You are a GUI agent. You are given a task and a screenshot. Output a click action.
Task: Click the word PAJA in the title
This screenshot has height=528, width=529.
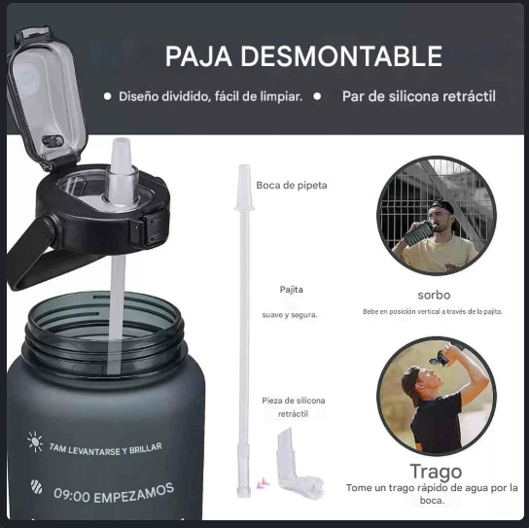(x=198, y=56)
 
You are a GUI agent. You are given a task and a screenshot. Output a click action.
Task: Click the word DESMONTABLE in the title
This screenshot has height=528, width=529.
(x=341, y=56)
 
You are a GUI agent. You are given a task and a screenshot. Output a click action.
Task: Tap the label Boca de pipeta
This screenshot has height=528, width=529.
(x=292, y=185)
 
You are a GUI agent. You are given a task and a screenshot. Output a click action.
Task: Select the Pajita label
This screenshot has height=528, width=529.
(x=291, y=290)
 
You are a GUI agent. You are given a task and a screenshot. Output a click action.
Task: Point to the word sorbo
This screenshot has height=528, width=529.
(x=434, y=295)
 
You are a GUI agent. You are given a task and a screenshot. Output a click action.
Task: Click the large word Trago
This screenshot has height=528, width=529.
(x=436, y=472)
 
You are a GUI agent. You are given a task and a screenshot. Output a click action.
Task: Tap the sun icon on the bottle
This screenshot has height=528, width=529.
(x=35, y=441)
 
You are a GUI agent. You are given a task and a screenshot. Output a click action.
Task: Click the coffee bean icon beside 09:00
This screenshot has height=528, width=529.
(x=36, y=487)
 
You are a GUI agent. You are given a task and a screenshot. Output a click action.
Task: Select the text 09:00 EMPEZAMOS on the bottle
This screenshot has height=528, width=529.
(x=114, y=493)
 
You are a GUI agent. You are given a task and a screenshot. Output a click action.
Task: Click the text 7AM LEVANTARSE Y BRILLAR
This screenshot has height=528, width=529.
(x=106, y=449)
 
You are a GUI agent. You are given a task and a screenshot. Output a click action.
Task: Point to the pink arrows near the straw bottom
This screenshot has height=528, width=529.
(x=263, y=484)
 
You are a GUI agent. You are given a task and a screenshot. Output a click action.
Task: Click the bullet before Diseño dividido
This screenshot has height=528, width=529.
(x=108, y=96)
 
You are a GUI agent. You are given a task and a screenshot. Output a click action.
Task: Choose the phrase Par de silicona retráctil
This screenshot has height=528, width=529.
(x=419, y=96)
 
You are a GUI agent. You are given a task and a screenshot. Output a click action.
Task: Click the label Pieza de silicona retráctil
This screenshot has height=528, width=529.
(x=293, y=406)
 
